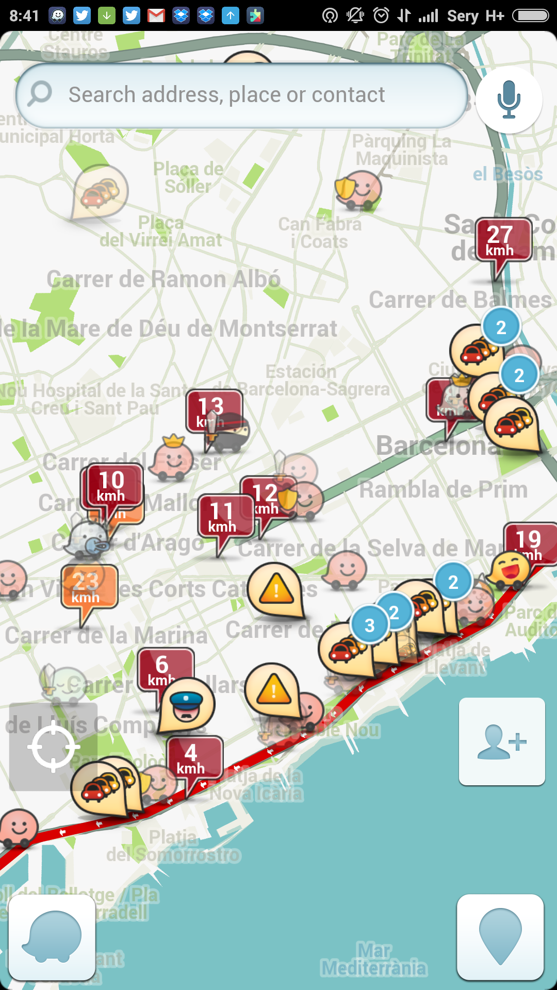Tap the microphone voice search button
(509, 99)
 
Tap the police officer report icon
(186, 705)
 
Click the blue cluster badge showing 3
(369, 625)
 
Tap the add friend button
(502, 741)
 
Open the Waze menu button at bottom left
(52, 936)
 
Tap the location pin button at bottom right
(500, 936)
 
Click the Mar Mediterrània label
(374, 960)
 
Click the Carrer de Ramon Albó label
(163, 279)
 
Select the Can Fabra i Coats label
(320, 233)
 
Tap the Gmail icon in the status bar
(156, 16)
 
